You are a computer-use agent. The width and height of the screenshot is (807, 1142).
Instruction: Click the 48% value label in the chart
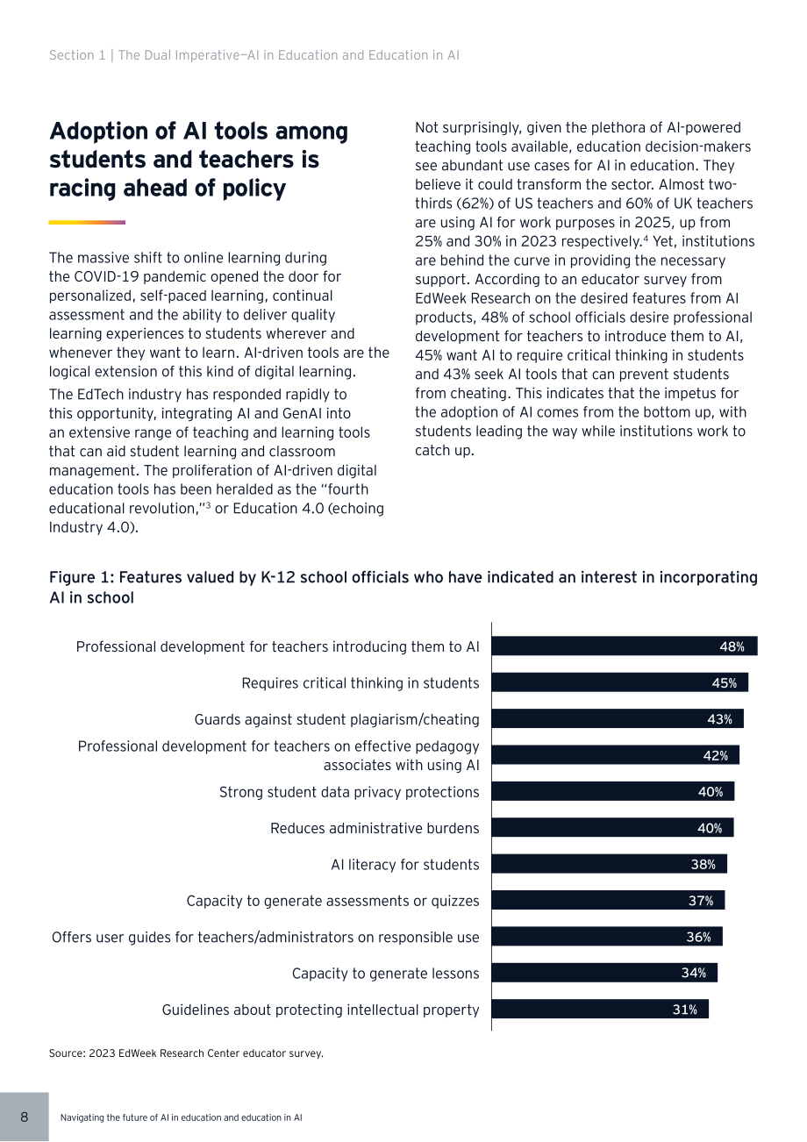(732, 646)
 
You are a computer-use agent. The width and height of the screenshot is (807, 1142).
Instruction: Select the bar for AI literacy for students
(610, 864)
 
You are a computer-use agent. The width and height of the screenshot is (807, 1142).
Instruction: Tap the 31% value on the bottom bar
(685, 1010)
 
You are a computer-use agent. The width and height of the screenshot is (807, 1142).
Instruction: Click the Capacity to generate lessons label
(385, 974)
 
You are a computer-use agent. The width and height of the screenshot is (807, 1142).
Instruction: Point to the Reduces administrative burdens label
(375, 829)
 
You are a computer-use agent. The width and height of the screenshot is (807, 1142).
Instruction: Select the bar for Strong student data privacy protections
(613, 791)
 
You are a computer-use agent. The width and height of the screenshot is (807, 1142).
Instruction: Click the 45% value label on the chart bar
(724, 682)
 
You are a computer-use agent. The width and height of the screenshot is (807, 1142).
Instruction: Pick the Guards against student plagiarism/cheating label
(337, 720)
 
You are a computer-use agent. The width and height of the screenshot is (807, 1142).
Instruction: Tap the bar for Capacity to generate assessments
(608, 900)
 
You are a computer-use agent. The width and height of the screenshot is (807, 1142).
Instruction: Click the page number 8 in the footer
(24, 1117)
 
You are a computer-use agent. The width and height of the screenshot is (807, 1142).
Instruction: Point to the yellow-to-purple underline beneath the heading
(87, 222)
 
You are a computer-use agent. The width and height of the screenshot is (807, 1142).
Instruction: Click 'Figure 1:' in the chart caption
(82, 577)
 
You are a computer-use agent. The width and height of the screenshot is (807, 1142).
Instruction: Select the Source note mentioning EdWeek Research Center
(186, 1053)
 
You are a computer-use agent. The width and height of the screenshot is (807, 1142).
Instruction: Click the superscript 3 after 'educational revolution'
(208, 505)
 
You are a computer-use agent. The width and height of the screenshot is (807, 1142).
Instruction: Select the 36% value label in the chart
(698, 937)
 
